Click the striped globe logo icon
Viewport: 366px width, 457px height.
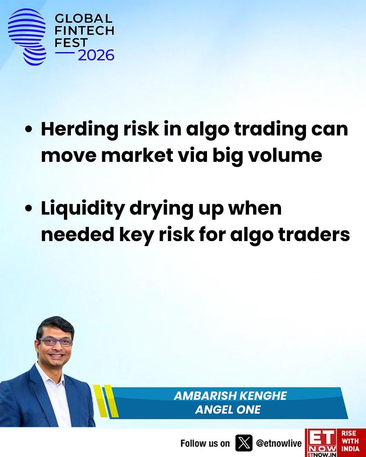click(x=27, y=37)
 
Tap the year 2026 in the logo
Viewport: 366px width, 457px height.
click(x=96, y=55)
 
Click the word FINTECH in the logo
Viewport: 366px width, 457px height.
click(x=84, y=30)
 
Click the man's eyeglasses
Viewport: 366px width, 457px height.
click(x=55, y=342)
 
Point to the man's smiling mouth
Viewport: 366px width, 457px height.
click(x=56, y=355)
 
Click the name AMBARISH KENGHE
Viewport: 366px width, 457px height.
click(x=230, y=396)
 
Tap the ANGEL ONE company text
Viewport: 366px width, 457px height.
click(x=228, y=410)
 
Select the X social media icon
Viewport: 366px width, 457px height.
click(x=244, y=443)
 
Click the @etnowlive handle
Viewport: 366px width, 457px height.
click(x=279, y=443)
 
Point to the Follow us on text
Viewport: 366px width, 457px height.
click(x=205, y=443)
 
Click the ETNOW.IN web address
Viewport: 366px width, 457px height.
click(x=321, y=454)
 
